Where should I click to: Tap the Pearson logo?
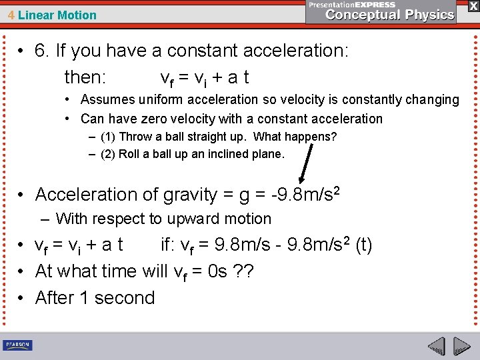(x=18, y=345)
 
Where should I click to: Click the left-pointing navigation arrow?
(x=437, y=347)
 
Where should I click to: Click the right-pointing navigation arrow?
(x=462, y=347)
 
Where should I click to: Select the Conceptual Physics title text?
(x=390, y=15)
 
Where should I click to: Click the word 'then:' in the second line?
(x=85, y=77)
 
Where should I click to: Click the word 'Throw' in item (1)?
(x=135, y=137)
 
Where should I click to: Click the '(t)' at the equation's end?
(x=364, y=245)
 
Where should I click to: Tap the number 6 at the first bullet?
(x=41, y=51)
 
